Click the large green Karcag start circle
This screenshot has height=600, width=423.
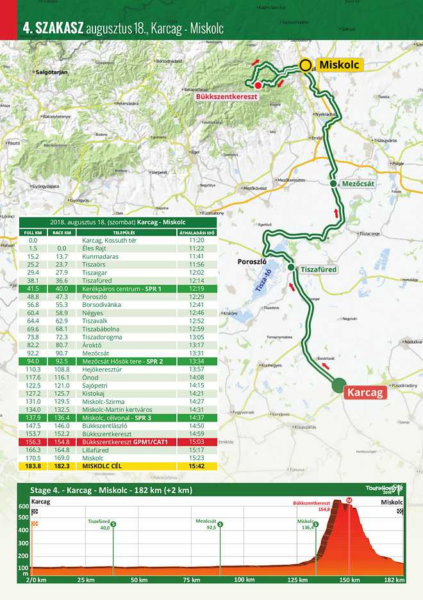338,385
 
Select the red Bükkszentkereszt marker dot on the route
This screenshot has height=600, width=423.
257,85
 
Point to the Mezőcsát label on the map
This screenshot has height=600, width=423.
357,183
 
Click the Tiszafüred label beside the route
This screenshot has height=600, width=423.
319,270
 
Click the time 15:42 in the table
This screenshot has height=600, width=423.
197,466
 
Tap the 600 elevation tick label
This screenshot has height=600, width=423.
23,507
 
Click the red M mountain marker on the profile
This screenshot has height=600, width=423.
349,499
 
